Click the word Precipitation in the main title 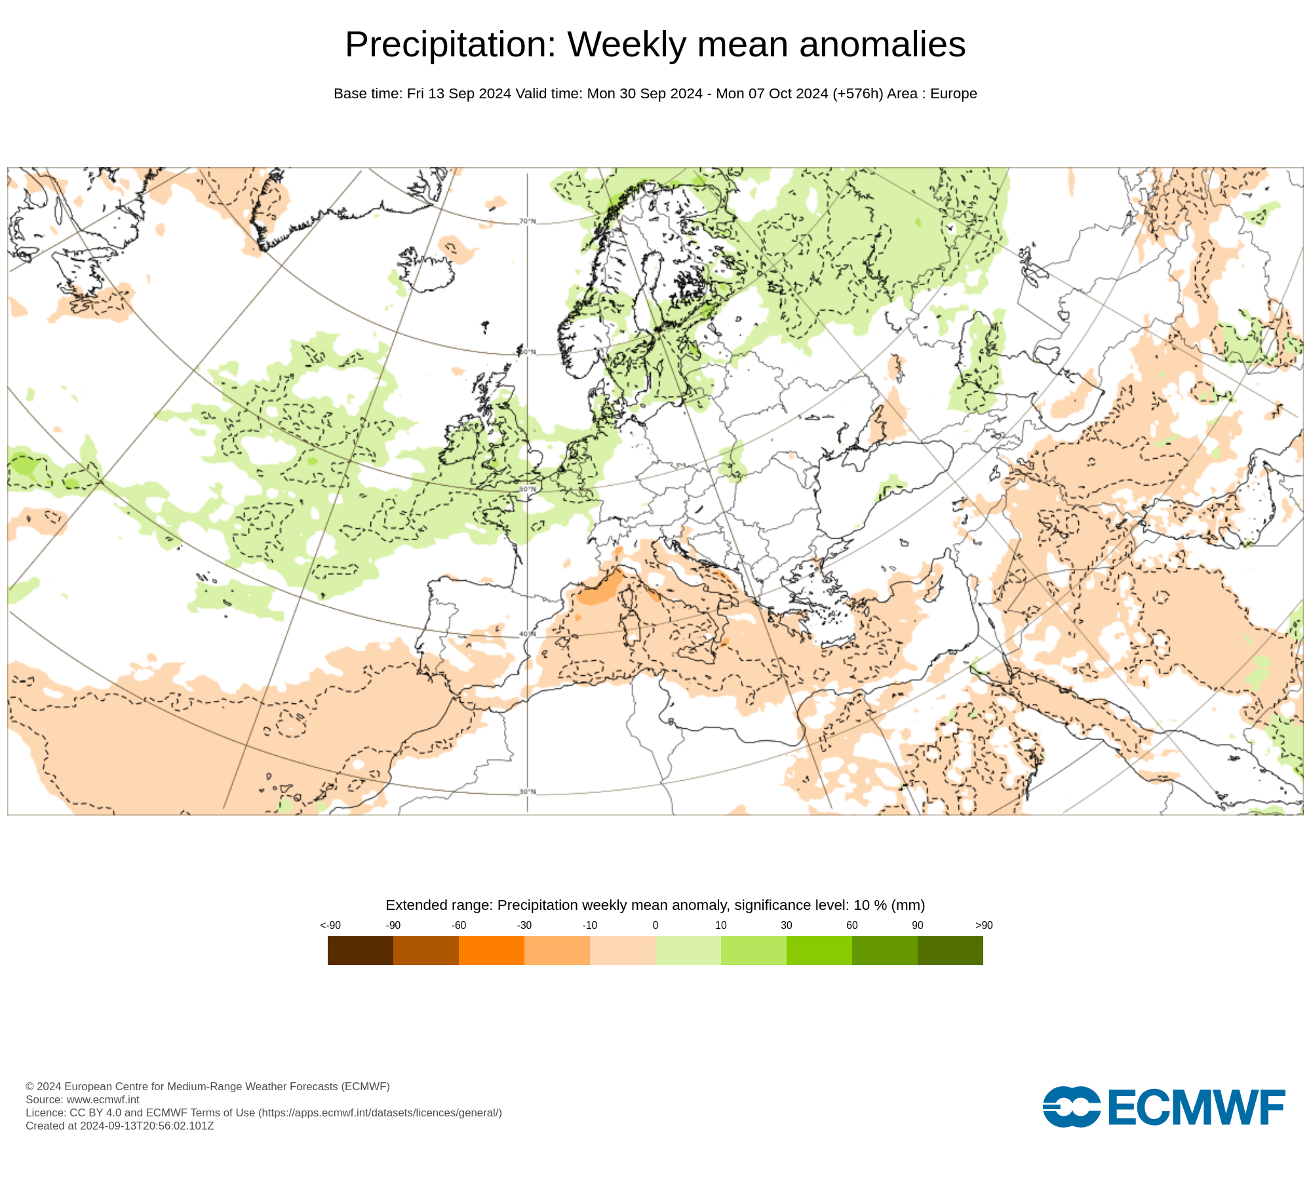(450, 45)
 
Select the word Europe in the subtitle (953, 94)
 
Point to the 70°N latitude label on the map (528, 221)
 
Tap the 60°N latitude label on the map (528, 352)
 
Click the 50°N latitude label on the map (528, 490)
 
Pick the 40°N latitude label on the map (528, 634)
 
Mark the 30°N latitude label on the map (528, 792)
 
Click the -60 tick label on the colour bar (459, 925)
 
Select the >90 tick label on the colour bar (984, 925)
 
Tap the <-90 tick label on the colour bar (330, 925)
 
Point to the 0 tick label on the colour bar (655, 925)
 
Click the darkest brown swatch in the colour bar (361, 950)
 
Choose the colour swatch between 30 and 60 (819, 950)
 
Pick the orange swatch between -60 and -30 (492, 950)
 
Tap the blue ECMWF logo (1164, 1107)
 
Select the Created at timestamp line (120, 1126)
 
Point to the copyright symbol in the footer (29, 1086)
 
